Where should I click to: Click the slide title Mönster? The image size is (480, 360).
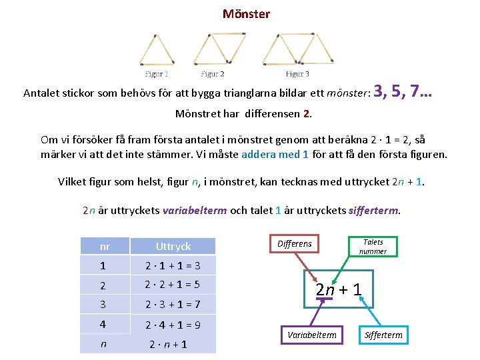[246, 14]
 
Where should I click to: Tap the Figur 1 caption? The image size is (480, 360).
[157, 74]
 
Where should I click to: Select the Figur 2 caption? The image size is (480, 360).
[213, 74]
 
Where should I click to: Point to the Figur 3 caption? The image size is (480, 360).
[297, 74]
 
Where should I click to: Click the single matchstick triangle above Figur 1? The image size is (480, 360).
[157, 51]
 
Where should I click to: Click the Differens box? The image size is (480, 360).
[294, 244]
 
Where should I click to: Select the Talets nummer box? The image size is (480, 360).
[373, 247]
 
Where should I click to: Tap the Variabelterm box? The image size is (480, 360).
[311, 335]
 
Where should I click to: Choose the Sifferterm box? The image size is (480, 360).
[383, 335]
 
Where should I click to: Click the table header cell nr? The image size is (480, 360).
[104, 246]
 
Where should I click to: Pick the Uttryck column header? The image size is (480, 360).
[173, 246]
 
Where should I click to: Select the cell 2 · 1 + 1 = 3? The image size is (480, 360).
[173, 266]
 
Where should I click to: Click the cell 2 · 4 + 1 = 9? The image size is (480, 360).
[173, 325]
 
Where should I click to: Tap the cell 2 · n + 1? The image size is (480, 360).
[167, 345]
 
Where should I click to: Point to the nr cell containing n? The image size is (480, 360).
[103, 345]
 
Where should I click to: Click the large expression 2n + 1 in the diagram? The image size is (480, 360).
[339, 289]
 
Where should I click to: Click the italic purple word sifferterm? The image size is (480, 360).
[373, 211]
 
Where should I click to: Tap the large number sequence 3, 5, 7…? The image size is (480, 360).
[403, 91]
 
